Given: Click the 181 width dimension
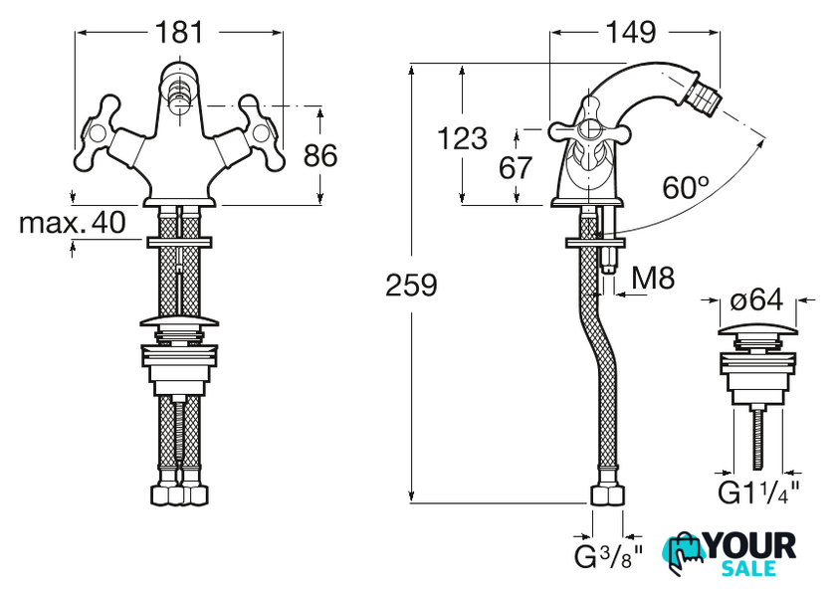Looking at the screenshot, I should point(179,32).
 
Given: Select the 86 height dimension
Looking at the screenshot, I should point(320,155).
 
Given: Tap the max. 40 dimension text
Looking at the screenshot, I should point(73,223).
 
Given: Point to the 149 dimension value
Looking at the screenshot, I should point(630,32).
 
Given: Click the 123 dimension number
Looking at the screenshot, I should point(462,138).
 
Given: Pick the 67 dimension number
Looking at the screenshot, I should point(516,168).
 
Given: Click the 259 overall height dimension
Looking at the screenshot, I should point(410,286).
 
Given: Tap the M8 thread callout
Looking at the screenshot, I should point(654,280).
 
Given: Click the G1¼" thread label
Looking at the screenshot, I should point(758,492).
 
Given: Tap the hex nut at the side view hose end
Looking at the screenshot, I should point(606,494).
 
